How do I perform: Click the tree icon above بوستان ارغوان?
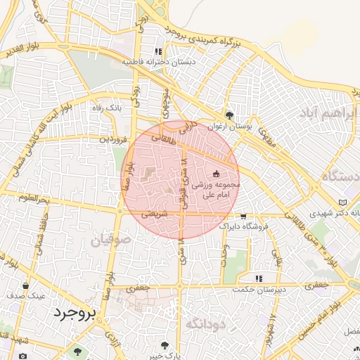[229, 115]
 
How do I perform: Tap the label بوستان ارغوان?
[231, 127]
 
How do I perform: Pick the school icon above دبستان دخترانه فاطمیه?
[158, 51]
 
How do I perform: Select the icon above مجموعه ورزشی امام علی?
[216, 174]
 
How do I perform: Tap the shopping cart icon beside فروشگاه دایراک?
[243, 217]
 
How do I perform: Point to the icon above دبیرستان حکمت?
[259, 278]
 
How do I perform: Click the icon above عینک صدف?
[26, 286]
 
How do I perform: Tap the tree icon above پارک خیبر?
[165, 345]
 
